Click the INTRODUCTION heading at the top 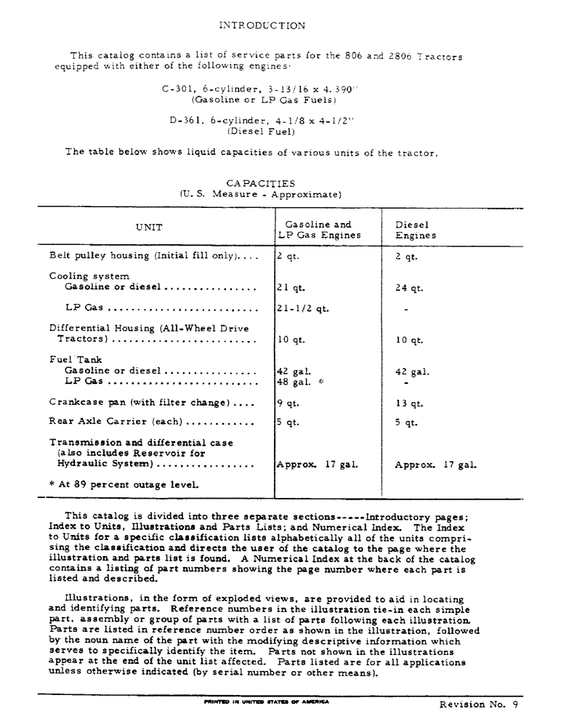[262, 25]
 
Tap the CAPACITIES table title [260, 183]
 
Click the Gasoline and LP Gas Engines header [318, 230]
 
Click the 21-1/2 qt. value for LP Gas [302, 308]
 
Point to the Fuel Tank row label [76, 359]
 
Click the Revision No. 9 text [477, 704]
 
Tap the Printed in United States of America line [267, 702]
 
